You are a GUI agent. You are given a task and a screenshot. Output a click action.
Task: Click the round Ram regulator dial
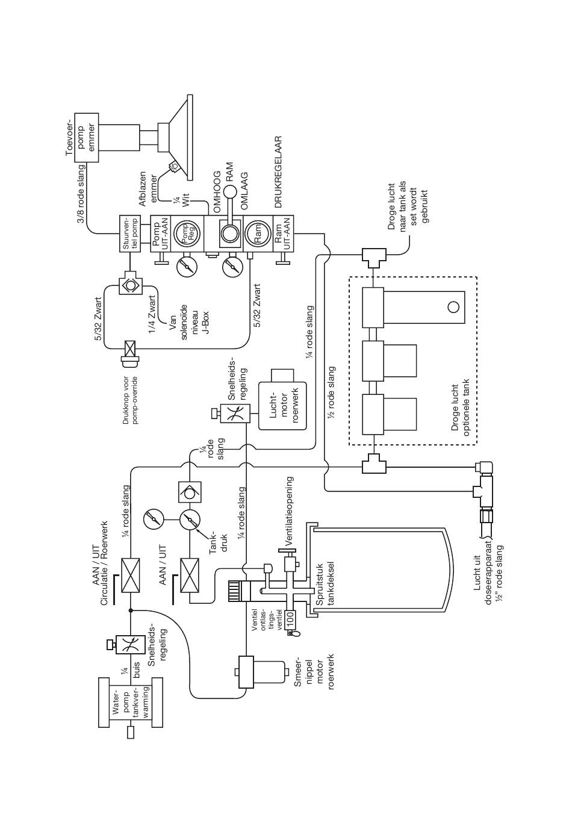point(258,234)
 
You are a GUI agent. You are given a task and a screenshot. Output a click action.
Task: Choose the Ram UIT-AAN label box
point(283,234)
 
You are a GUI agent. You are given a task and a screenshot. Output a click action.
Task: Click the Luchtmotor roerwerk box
point(282,406)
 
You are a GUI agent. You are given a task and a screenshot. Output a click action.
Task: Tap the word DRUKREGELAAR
point(278,172)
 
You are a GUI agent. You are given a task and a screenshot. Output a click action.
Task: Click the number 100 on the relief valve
point(290,619)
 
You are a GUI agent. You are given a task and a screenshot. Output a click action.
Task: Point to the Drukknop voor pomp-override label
point(130,401)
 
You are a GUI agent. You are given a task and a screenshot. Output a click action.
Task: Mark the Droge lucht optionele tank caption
point(461,408)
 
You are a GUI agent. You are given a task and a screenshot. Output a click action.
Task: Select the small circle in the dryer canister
point(453,308)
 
